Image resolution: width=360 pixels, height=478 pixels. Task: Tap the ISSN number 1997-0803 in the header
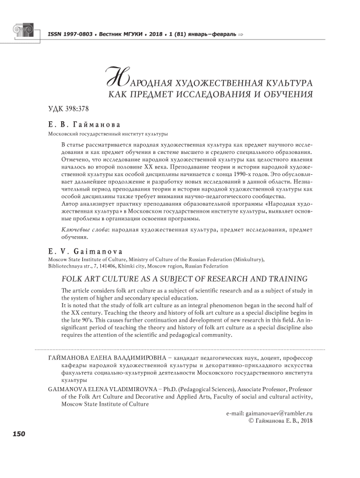tap(79, 35)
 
